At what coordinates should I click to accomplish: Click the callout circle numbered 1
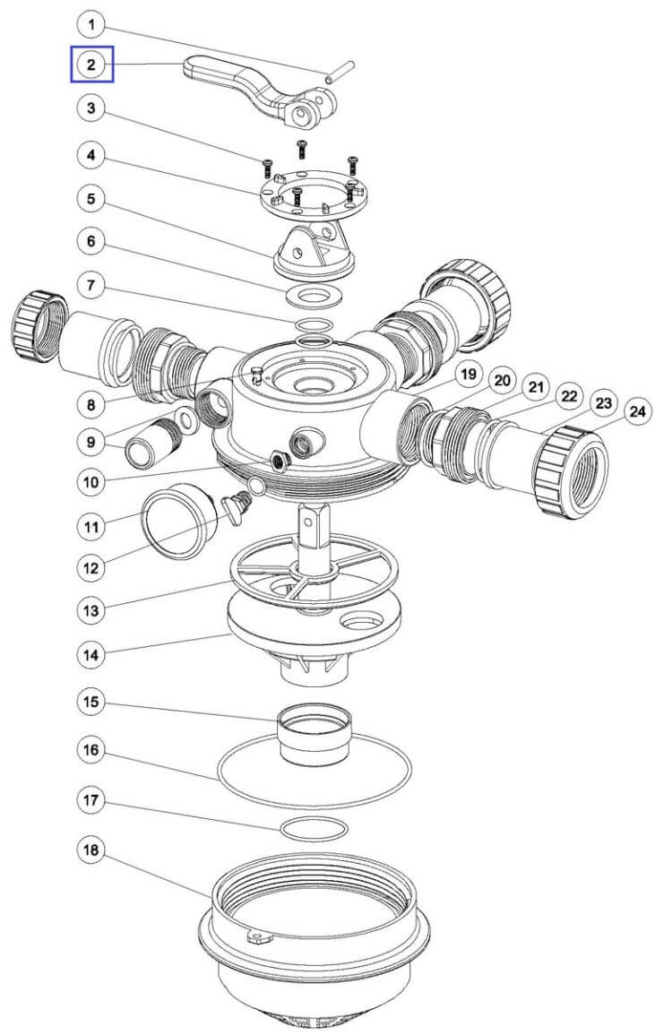(91, 26)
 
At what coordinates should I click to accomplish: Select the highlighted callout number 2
(91, 64)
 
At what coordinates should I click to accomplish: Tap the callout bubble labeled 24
(636, 412)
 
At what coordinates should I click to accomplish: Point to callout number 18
(91, 850)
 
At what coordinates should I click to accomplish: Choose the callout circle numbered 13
(91, 610)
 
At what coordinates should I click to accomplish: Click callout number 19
(468, 375)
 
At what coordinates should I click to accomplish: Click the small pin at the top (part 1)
(341, 70)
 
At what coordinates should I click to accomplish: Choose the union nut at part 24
(571, 470)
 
